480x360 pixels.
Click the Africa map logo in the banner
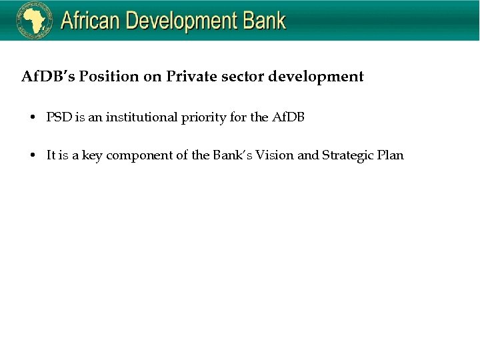[x=35, y=21]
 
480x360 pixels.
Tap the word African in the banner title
[x=91, y=21]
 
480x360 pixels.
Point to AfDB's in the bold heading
[x=48, y=77]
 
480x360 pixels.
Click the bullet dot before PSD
[x=33, y=118]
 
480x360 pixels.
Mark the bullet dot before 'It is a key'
[x=33, y=156]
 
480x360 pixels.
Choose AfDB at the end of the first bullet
[x=288, y=118]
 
